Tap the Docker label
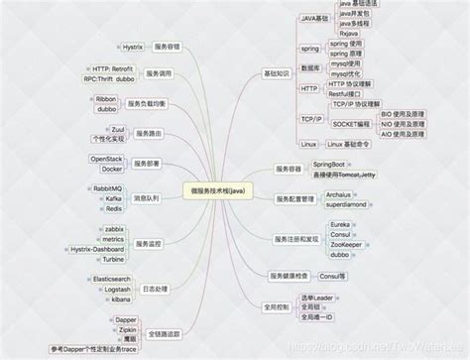(112, 169)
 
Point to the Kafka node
(112, 198)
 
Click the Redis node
(112, 209)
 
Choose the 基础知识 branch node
(278, 72)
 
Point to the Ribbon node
(106, 99)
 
